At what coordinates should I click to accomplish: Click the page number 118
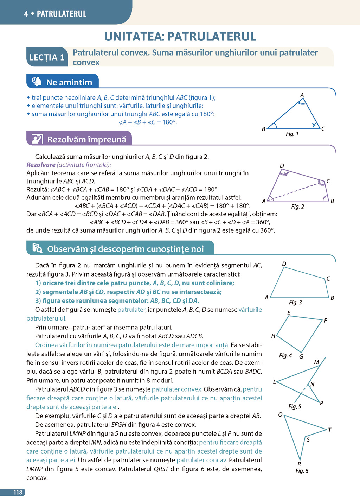pos(18,492)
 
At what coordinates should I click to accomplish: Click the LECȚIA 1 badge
pos(47,57)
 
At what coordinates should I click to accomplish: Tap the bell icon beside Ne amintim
pos(37,82)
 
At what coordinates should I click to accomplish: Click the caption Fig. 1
pos(292,134)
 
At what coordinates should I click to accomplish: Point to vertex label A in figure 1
pos(302,95)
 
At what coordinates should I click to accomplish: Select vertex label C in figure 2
pos(328,181)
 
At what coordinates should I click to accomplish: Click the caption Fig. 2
pos(297,207)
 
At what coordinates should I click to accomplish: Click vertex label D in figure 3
pos(284,264)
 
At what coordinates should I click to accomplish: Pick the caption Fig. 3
pos(295,303)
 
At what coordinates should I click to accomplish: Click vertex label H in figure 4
pos(273,336)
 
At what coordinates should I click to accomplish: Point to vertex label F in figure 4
pos(326,321)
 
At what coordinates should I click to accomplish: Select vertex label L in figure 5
pos(275,382)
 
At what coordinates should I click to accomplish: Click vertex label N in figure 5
pos(312,385)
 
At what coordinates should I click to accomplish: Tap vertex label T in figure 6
pos(329,430)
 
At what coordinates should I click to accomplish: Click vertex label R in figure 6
pos(299,464)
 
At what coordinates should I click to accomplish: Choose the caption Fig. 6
pos(302,471)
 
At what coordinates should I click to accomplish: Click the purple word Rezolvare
pos(41,165)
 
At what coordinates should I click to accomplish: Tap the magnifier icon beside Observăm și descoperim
pos(37,248)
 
